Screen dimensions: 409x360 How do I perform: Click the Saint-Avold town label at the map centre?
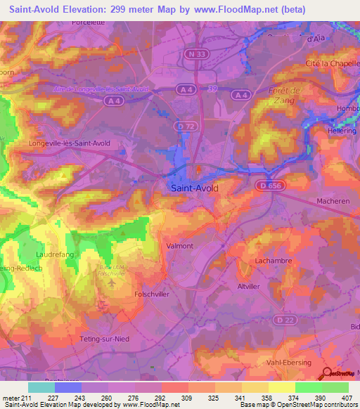[x=194, y=188]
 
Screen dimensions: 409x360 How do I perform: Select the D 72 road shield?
[x=184, y=126]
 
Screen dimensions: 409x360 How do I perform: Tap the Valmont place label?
[x=179, y=247]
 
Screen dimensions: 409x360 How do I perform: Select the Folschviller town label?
[x=151, y=294]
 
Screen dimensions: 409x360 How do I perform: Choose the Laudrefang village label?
[x=51, y=255]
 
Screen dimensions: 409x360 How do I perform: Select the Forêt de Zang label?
[x=285, y=96]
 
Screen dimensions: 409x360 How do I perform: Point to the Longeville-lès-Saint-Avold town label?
[x=70, y=143]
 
